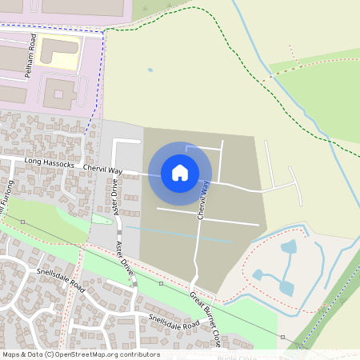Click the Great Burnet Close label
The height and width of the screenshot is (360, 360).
pos(206,318)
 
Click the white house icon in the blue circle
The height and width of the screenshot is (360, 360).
pos(180,173)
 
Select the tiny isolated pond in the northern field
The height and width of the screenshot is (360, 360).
pos(150,70)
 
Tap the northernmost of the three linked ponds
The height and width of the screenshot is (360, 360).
pos(289,246)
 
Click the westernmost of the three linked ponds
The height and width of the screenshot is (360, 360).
pos(258,274)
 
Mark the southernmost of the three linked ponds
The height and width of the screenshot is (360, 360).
pos(286,287)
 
